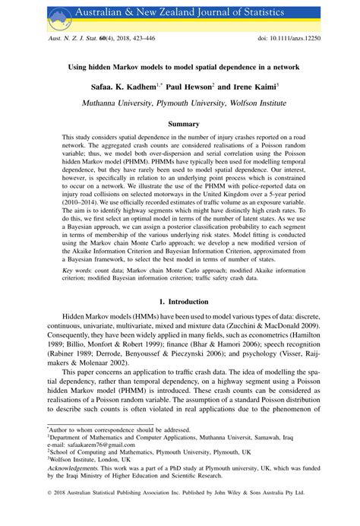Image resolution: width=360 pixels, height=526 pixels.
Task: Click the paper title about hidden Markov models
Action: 180,66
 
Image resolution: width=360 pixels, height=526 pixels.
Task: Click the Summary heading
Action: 180,124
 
